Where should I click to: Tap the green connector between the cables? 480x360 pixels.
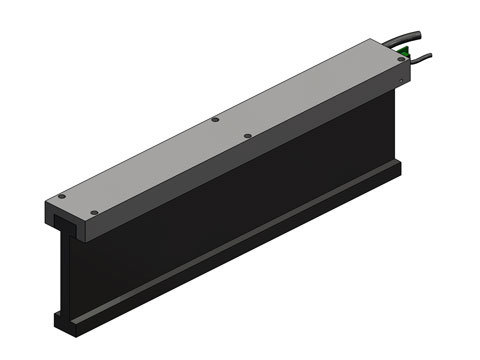[x=403, y=49]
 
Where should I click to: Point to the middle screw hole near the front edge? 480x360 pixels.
[x=247, y=135]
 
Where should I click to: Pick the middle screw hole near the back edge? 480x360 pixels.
[x=214, y=120]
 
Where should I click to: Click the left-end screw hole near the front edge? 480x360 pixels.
[x=93, y=212]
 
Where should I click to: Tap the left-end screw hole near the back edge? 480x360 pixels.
[x=61, y=196]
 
